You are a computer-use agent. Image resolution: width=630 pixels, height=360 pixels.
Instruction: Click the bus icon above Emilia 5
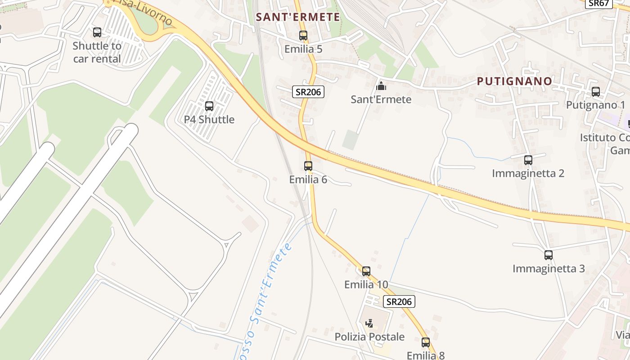[x=303, y=35]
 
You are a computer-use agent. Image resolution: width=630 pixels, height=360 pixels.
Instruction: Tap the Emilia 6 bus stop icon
[x=308, y=166]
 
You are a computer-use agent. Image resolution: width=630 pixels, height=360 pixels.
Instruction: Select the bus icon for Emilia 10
[x=366, y=271]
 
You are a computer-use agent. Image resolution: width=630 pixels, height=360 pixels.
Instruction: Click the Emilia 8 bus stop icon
[x=426, y=342]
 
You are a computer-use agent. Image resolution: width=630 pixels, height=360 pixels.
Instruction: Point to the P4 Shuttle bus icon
[x=209, y=106]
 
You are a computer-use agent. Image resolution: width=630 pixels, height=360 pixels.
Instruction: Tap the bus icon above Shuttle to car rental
[x=97, y=32]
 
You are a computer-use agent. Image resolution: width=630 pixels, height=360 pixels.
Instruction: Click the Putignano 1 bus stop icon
[x=596, y=92]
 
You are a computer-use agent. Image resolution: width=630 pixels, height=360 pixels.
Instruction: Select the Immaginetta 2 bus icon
[x=528, y=160]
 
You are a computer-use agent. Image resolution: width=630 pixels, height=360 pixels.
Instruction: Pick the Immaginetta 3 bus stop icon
[x=549, y=255]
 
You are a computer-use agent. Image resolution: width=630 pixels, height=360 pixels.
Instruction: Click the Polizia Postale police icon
[x=369, y=323]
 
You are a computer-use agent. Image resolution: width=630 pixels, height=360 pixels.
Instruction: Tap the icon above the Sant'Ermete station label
[x=381, y=86]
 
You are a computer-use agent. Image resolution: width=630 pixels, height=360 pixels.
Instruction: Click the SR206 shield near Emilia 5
[x=308, y=92]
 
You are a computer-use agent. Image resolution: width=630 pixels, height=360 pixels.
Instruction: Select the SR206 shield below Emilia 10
[x=399, y=301]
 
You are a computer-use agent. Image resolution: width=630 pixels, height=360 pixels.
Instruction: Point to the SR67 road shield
[x=599, y=4]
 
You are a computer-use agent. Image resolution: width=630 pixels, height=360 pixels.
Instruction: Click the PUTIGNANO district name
[x=514, y=81]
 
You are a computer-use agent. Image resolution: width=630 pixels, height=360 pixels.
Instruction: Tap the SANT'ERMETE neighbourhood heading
[x=298, y=17]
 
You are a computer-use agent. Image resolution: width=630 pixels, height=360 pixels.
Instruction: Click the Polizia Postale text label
[x=369, y=337]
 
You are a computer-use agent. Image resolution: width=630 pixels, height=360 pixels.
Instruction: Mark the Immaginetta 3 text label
[x=549, y=269]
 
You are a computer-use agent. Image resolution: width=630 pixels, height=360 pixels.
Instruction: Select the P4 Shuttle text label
[x=209, y=120]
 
